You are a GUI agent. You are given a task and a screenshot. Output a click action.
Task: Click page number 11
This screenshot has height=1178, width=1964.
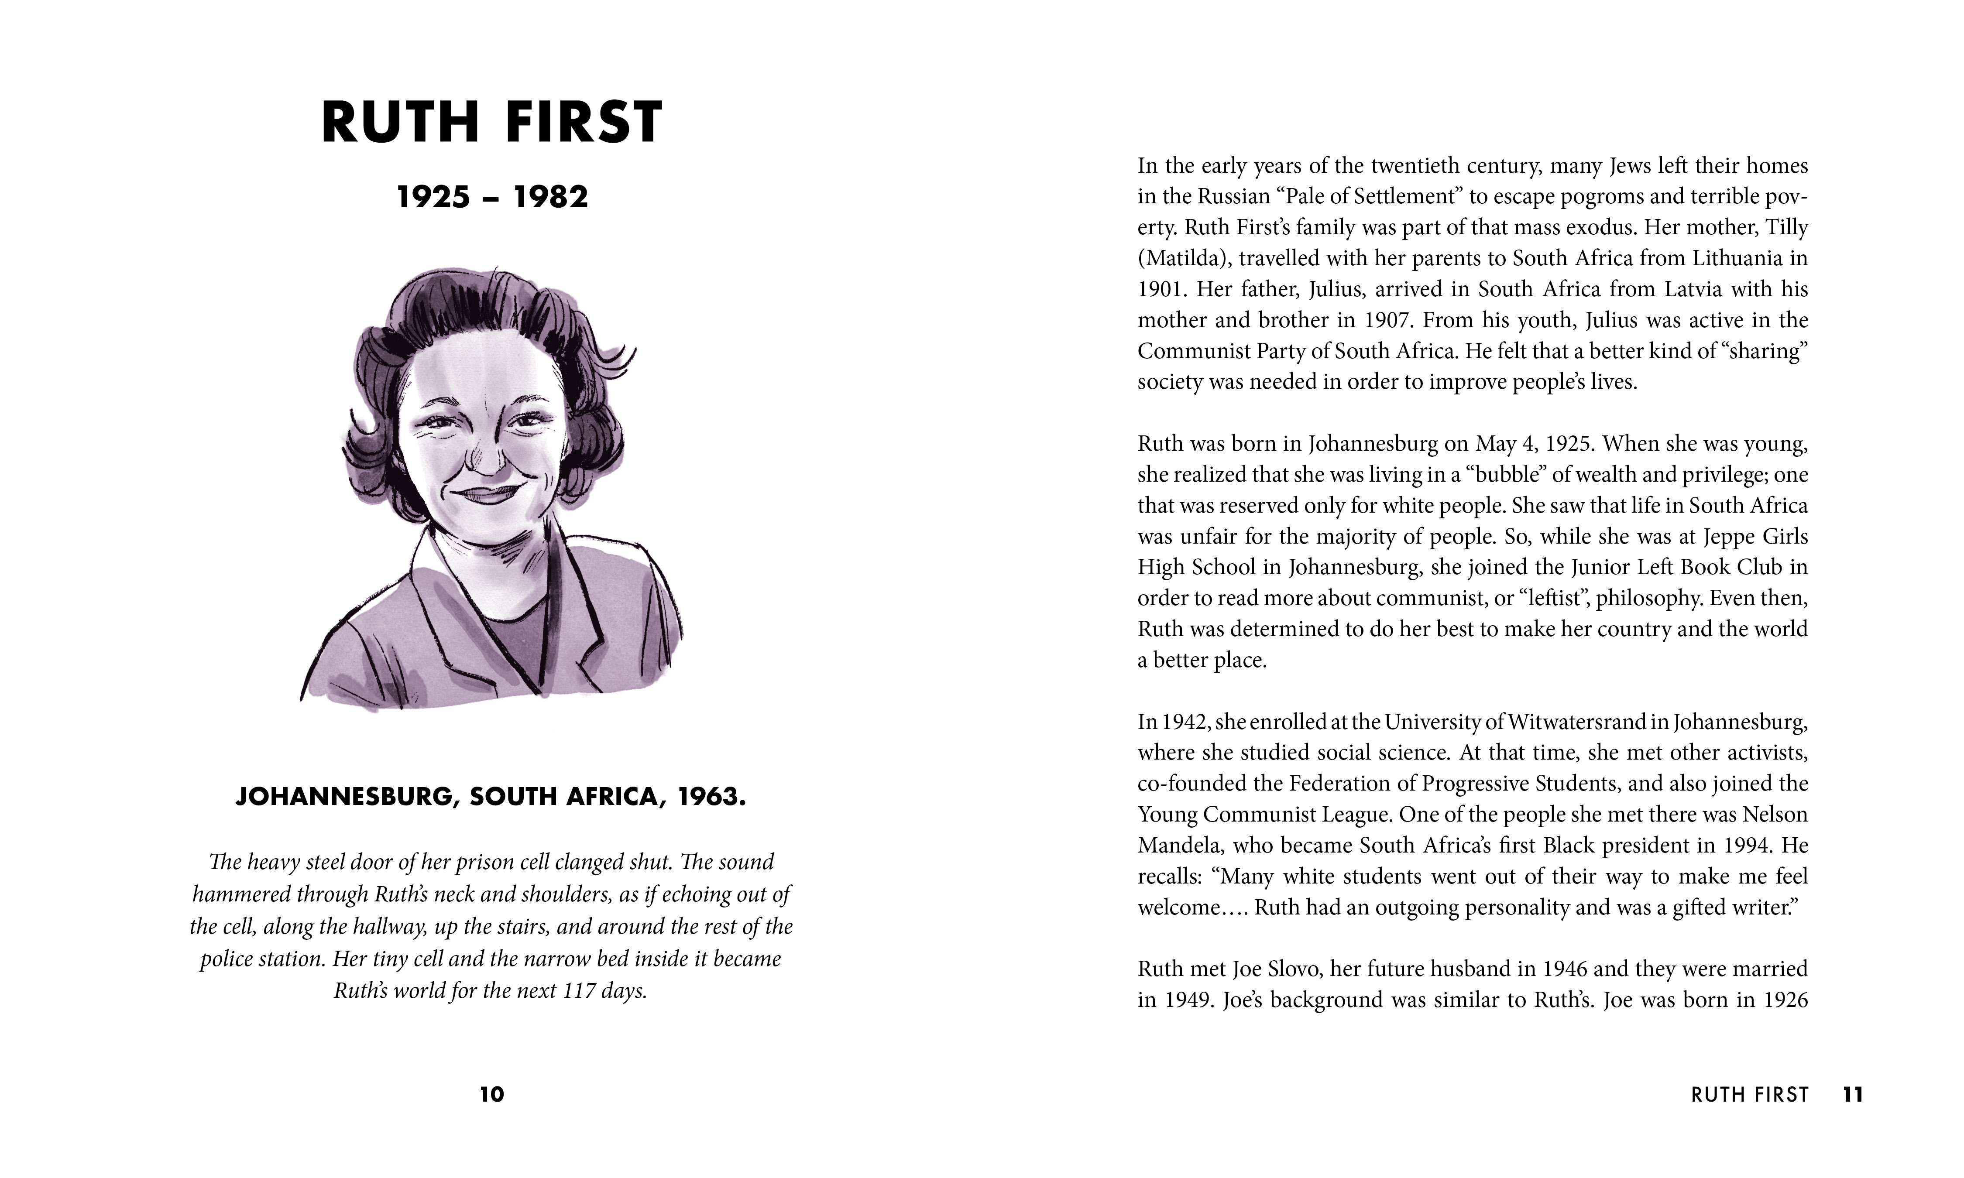1852,1095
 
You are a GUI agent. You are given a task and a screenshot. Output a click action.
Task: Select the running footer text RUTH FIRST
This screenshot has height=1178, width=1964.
1750,1095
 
